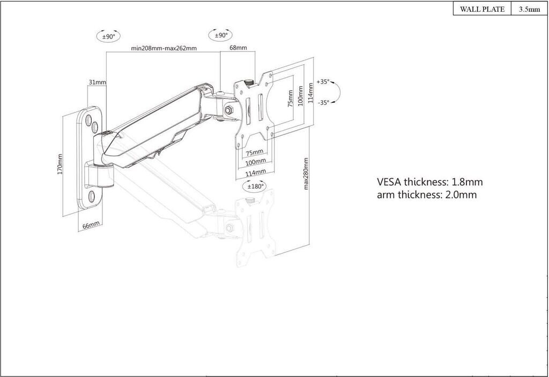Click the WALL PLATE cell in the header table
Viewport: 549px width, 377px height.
482,9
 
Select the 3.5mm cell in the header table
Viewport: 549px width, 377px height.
529,9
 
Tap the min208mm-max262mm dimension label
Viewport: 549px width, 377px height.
164,48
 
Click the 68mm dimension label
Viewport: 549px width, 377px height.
238,48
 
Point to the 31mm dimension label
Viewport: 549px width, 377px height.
97,82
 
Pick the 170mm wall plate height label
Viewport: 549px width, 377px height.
60,164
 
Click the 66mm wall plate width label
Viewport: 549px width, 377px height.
91,225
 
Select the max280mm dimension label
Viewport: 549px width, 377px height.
306,174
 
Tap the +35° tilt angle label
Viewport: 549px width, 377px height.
323,82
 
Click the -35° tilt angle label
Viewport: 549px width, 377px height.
323,102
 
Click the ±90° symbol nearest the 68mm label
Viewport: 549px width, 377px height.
221,35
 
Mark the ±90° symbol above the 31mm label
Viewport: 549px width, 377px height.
108,36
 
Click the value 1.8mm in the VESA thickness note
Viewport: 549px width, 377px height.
467,182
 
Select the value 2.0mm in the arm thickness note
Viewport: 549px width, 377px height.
461,194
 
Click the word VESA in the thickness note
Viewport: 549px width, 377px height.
389,182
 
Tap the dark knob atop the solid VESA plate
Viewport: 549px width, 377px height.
249,82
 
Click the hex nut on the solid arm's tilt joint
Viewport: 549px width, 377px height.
229,109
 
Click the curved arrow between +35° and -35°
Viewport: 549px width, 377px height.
339,92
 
